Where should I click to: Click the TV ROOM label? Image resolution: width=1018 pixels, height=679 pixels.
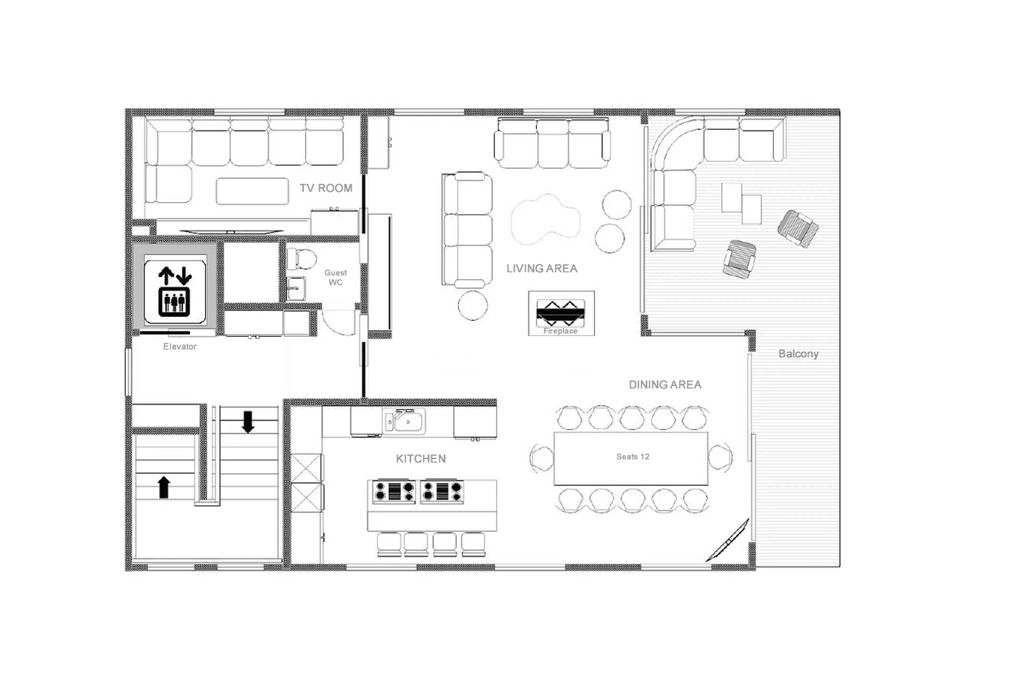[326, 188]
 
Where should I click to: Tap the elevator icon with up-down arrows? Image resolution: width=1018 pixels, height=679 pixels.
[174, 291]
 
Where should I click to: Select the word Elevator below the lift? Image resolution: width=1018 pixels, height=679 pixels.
[179, 347]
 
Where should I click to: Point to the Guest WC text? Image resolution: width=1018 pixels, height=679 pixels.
[335, 277]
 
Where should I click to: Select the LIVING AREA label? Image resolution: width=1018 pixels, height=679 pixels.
[542, 269]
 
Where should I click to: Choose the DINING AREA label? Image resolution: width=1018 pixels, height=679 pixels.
[665, 384]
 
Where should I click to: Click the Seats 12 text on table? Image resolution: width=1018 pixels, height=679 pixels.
[633, 456]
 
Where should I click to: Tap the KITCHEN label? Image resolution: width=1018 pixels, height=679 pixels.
[420, 459]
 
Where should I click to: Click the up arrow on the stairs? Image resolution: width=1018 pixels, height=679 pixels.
[164, 487]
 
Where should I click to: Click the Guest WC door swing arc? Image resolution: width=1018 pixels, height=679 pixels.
[340, 323]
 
